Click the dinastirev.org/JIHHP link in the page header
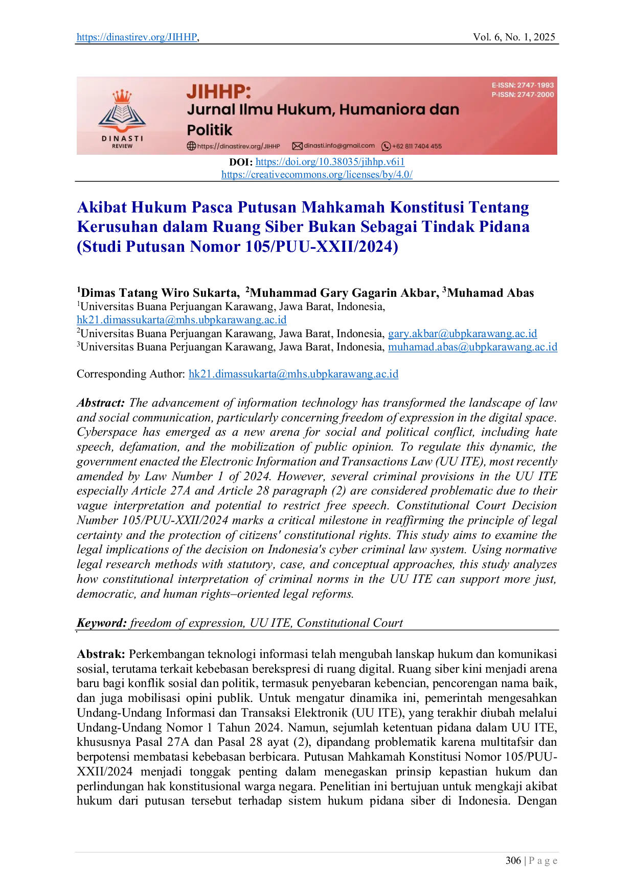click(137, 37)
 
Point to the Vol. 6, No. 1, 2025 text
click(514, 37)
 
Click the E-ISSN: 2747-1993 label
click(523, 85)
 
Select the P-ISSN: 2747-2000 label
click(523, 95)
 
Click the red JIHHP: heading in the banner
click(219, 92)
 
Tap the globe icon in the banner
click(191, 146)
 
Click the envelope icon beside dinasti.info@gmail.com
click(297, 146)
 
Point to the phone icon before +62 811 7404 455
click(387, 146)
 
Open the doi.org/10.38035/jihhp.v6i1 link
click(330, 162)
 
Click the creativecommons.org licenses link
click(317, 175)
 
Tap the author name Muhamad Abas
click(490, 293)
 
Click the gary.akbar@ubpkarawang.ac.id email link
click(462, 334)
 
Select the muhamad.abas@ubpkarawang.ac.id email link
click(472, 347)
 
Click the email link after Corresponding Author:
click(293, 374)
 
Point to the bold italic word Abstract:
click(101, 403)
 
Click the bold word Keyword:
click(102, 623)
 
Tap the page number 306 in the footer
click(513, 861)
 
